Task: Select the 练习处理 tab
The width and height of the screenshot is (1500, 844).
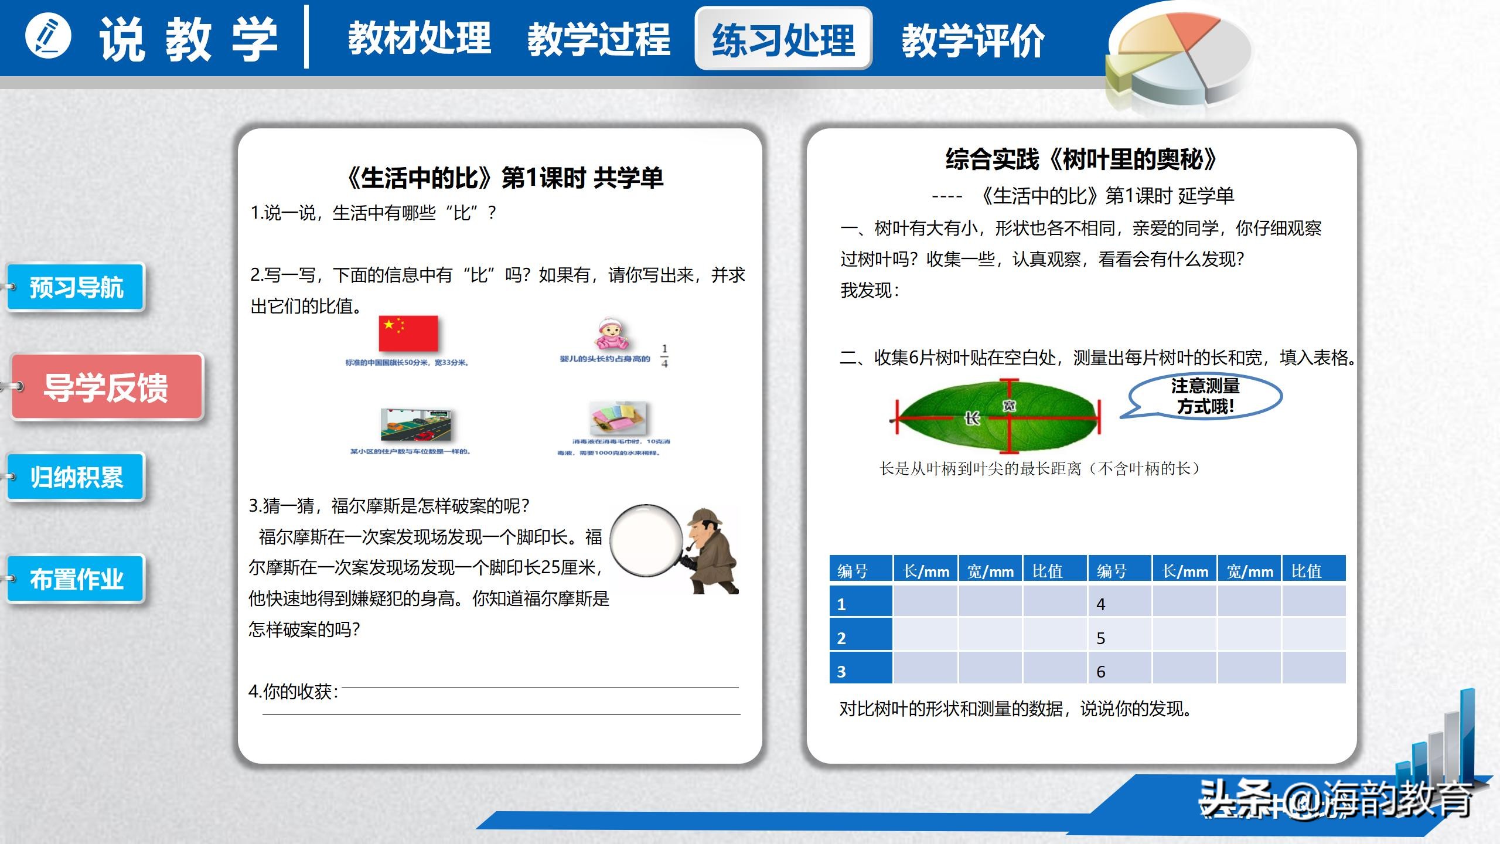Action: [783, 39]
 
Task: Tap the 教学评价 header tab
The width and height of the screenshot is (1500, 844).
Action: [973, 40]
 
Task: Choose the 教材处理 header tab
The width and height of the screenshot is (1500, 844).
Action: [420, 39]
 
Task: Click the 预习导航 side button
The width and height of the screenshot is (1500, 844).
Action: [76, 287]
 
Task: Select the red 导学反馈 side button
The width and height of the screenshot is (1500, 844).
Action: [107, 387]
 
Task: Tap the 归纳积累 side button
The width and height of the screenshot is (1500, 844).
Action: [76, 477]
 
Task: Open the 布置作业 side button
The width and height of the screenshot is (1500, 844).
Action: [76, 579]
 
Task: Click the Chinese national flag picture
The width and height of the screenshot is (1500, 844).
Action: [408, 333]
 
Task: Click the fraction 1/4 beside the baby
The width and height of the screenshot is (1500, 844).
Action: [664, 356]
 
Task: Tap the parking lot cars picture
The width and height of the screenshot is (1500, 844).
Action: [416, 425]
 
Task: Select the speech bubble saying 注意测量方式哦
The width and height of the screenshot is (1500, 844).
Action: [1205, 396]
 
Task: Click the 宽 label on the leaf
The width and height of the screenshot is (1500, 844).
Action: [1009, 405]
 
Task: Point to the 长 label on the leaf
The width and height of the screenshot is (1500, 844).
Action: [971, 418]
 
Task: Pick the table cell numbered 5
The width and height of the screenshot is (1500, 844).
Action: [1101, 638]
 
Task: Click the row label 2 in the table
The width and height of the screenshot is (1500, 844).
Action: [841, 638]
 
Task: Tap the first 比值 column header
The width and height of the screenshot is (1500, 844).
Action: [1048, 571]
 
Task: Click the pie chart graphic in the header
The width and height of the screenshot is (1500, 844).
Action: [1178, 56]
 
